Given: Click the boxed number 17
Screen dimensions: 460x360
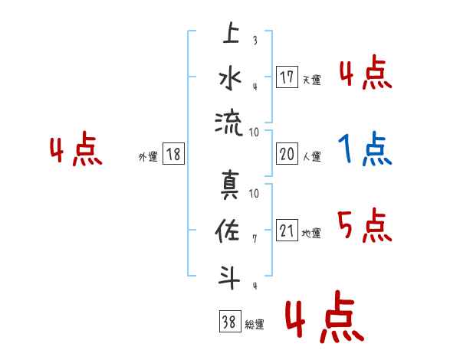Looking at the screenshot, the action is point(287,77).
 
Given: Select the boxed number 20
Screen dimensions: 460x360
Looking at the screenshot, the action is point(287,154).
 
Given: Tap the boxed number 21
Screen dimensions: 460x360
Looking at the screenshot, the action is point(287,231).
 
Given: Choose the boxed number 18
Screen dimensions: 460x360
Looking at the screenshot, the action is point(173,154).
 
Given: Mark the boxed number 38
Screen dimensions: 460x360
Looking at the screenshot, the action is point(228,322).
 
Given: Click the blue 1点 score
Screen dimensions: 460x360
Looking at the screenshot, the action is point(364,149).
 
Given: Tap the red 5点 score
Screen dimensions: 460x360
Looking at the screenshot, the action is point(364,226).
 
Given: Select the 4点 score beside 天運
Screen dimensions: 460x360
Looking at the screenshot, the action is point(364,74).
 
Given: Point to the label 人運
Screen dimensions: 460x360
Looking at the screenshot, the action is point(311,157).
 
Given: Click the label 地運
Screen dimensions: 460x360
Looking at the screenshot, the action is point(311,234).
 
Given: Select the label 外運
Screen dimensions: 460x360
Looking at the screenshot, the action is point(147,157).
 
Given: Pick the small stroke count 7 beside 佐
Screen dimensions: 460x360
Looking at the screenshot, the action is point(255,239).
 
